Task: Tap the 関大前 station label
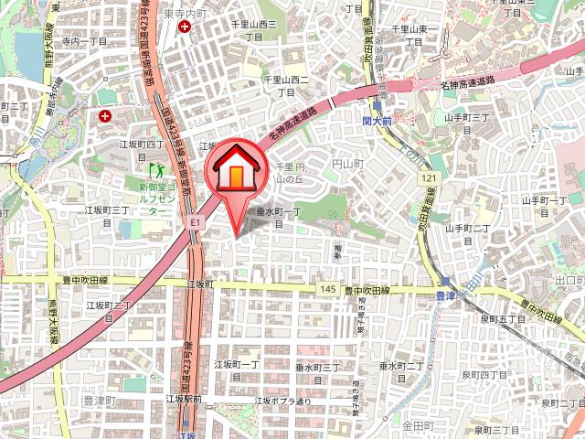pyautogui.click(x=376, y=120)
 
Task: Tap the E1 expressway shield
pyautogui.click(x=195, y=221)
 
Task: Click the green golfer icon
pyautogui.click(x=154, y=170)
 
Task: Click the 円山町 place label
pyautogui.click(x=347, y=163)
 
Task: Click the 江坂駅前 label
pyautogui.click(x=184, y=399)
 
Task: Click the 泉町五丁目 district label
pyautogui.click(x=503, y=319)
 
